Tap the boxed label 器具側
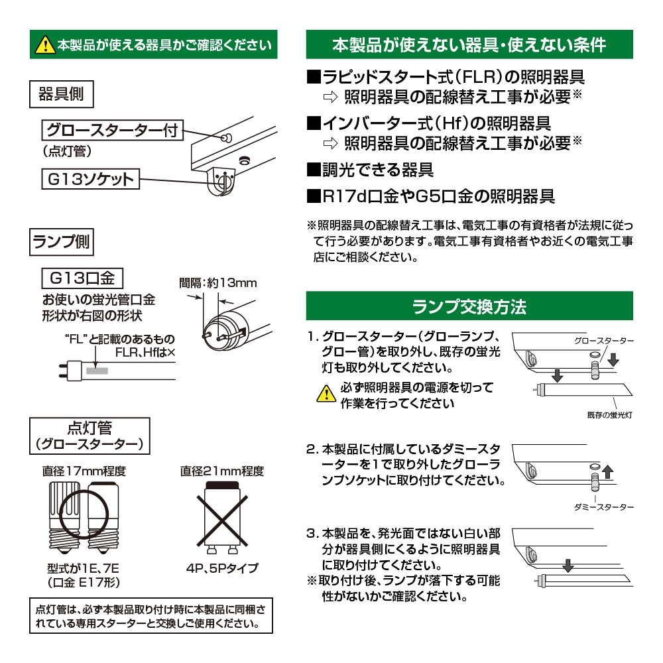pyautogui.click(x=62, y=94)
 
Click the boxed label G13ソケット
pyautogui.click(x=90, y=179)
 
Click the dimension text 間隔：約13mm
pyautogui.click(x=218, y=283)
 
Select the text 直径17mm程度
pyautogui.click(x=84, y=472)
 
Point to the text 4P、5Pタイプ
pyautogui.click(x=223, y=568)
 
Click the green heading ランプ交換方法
pyautogui.click(x=469, y=306)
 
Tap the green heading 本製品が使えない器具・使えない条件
pyautogui.click(x=469, y=45)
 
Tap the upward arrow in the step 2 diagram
pyautogui.click(x=609, y=472)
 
